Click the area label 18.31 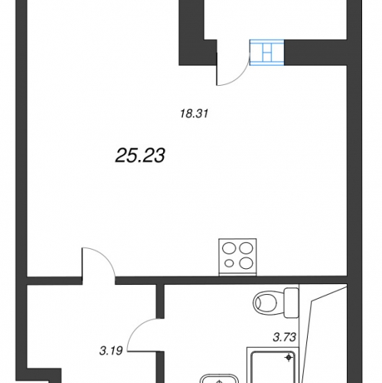point(194,113)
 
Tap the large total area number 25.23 point(140,155)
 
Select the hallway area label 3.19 point(111,351)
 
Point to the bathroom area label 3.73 point(285,337)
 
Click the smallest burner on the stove point(230,263)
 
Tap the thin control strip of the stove point(237,274)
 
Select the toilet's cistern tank point(291,303)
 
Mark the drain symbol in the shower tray point(289,358)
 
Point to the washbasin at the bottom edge point(219,378)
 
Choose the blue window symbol point(266,52)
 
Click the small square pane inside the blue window point(266,56)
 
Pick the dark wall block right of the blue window point(315,52)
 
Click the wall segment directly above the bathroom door point(160,301)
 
